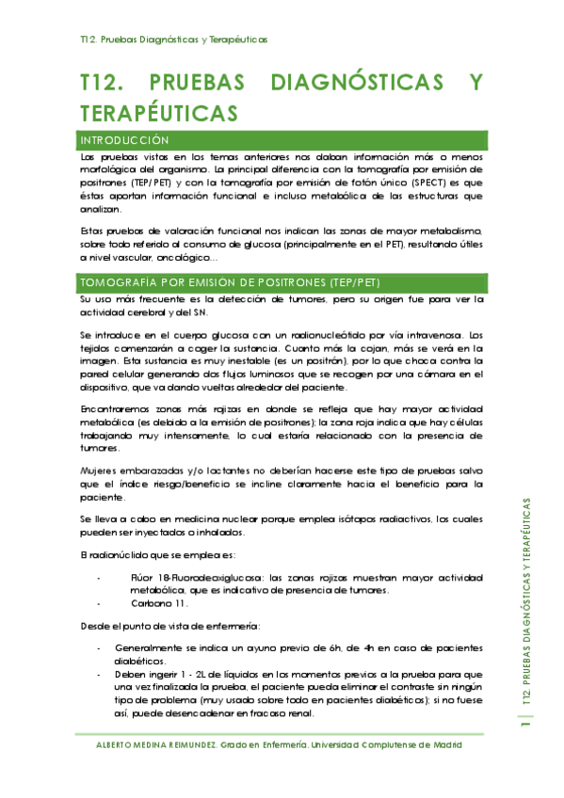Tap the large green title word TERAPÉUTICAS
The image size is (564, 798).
(x=157, y=113)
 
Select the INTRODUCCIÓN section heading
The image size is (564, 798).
(x=129, y=140)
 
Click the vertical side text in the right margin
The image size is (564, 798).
(x=527, y=602)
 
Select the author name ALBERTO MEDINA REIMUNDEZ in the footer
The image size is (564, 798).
(x=156, y=744)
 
